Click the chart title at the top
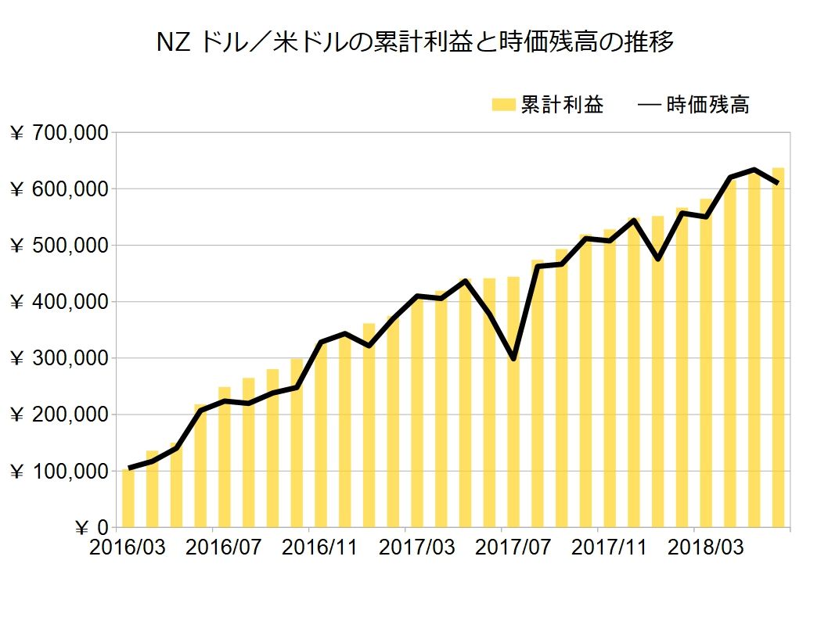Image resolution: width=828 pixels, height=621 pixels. click(415, 43)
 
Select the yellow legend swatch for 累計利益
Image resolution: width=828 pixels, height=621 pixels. click(503, 105)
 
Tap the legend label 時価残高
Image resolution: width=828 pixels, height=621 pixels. click(707, 105)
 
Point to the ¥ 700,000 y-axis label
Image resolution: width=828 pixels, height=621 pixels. click(59, 133)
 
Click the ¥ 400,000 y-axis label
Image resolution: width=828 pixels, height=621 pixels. click(59, 302)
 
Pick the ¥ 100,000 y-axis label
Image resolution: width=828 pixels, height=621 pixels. click(59, 471)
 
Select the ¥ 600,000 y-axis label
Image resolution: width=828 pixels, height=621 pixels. click(59, 189)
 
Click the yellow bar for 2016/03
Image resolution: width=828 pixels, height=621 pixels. click(128, 498)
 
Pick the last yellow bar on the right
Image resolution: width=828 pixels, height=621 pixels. click(778, 348)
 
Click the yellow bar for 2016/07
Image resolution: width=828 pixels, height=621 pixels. click(225, 458)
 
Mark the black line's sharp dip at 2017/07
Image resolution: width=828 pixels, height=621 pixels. click(513, 359)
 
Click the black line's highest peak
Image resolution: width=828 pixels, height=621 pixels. click(754, 170)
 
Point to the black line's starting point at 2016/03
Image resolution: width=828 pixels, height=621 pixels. click(129, 468)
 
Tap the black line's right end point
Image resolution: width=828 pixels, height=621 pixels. click(777, 183)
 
